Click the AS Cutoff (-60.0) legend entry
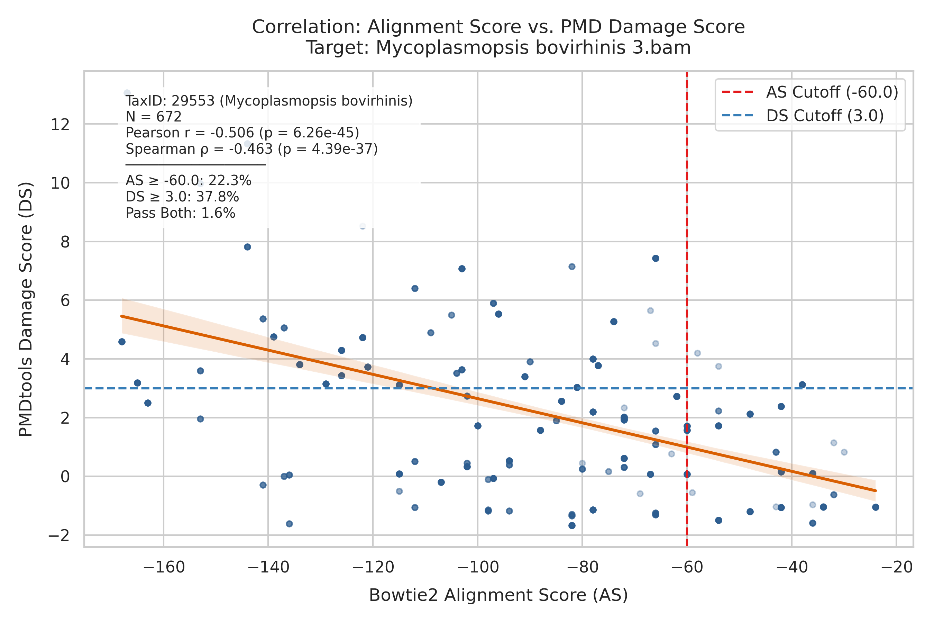click(x=810, y=92)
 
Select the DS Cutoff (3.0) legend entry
click(x=803, y=116)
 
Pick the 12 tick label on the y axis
click(x=60, y=125)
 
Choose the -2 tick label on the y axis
click(x=59, y=535)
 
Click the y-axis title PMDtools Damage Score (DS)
click(x=26, y=309)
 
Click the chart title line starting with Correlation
click(x=498, y=27)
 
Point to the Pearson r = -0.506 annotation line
click(x=242, y=132)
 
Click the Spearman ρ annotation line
click(x=252, y=149)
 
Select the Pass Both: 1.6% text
click(x=180, y=213)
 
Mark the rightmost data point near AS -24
click(x=876, y=507)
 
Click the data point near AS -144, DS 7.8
click(x=247, y=247)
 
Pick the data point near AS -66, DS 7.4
click(x=656, y=258)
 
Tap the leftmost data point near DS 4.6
click(x=122, y=342)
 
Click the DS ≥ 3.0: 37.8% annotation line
click(x=182, y=197)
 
